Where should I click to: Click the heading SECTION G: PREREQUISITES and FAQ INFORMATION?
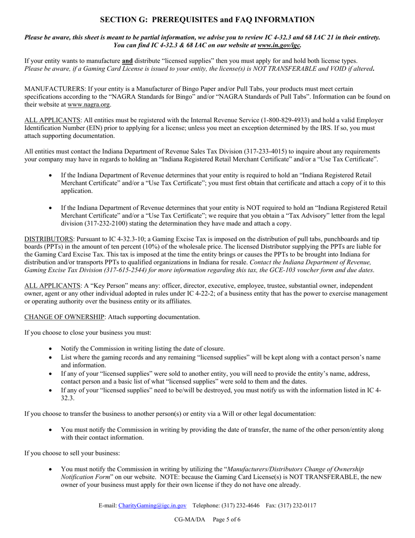pos(207,20)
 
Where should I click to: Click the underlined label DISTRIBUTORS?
pos(48,239)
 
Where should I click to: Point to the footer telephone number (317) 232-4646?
pos(239,506)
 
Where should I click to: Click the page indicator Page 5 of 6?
pos(227,520)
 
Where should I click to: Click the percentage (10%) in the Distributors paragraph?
pos(145,247)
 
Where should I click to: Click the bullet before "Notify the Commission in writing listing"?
pos(51,349)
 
